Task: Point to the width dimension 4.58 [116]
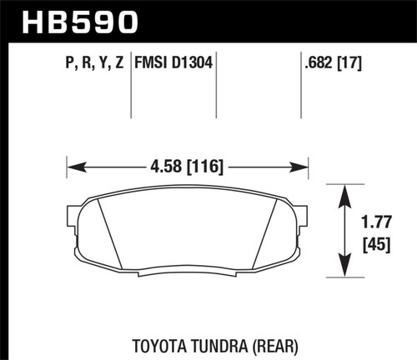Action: pyautogui.click(x=188, y=167)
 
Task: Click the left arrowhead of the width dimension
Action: pyautogui.click(x=73, y=167)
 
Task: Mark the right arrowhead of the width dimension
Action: pyautogui.click(x=304, y=167)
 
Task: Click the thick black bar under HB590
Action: pyautogui.click(x=208, y=38)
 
